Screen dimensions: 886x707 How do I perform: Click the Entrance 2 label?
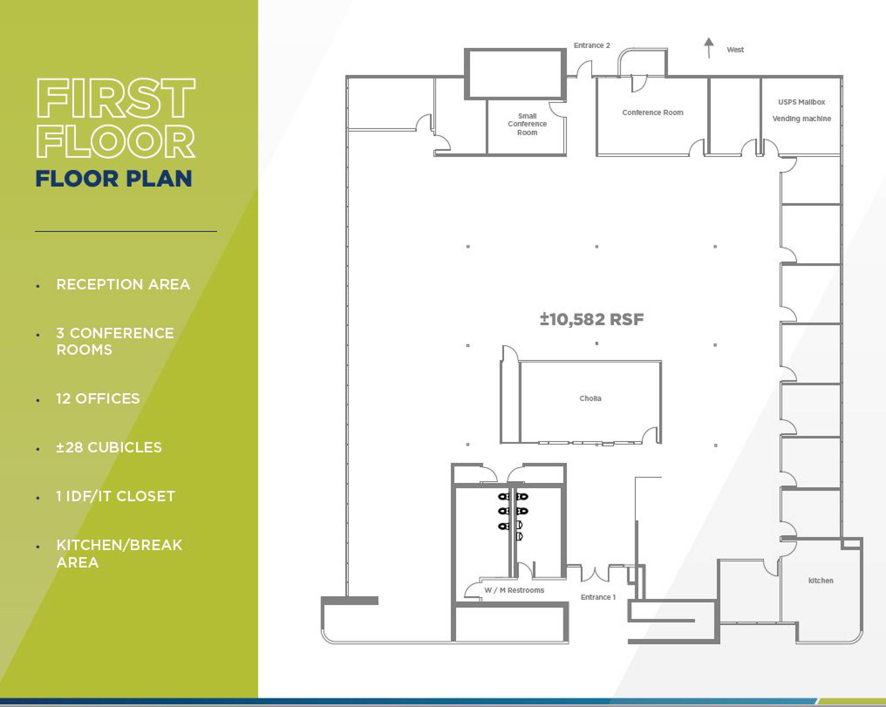pos(592,45)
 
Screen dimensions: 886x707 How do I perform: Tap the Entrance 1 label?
pos(598,597)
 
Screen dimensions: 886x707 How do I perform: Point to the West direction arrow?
pos(709,48)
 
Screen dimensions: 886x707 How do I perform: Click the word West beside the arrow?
pos(735,50)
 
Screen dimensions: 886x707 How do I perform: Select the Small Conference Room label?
pos(527,124)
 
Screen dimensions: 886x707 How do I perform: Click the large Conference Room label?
pos(653,112)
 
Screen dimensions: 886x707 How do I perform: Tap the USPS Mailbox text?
pos(802,102)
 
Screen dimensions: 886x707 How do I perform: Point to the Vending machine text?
pos(802,119)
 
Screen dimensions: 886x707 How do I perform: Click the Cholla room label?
pos(590,398)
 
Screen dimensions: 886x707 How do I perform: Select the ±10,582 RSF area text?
pos(592,319)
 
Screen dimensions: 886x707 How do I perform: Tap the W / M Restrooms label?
pos(514,590)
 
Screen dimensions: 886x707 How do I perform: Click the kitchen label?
pos(821,580)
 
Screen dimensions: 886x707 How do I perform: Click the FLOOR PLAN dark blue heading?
pos(114,179)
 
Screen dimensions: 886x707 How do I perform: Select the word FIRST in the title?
pos(116,98)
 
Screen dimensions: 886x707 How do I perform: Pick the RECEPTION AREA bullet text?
pos(123,284)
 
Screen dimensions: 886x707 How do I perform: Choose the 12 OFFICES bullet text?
pos(98,398)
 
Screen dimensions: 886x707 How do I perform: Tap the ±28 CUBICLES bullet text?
pos(109,448)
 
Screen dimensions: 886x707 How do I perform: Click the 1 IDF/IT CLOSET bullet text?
pos(116,496)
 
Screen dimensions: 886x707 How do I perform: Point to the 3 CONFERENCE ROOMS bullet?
pos(115,341)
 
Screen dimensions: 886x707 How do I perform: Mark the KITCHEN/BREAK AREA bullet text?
pos(119,553)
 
